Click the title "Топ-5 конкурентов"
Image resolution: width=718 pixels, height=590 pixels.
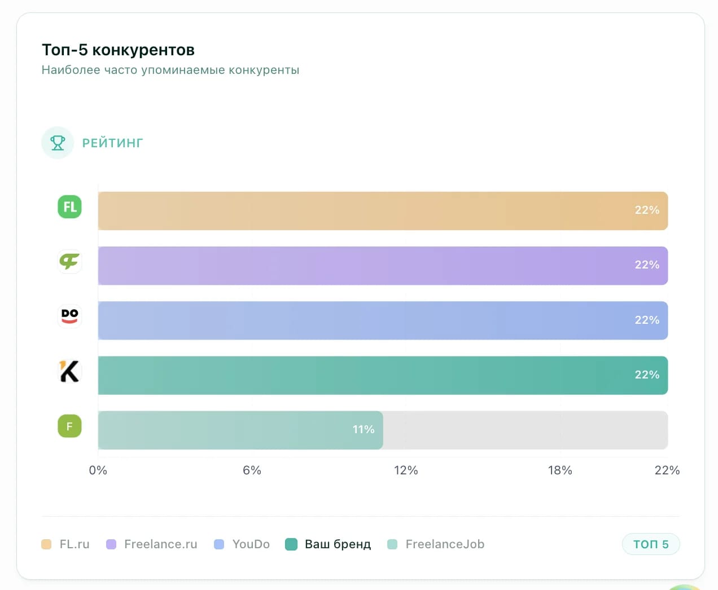pyautogui.click(x=118, y=50)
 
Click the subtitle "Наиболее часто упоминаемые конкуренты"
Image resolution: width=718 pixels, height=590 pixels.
pyautogui.click(x=170, y=71)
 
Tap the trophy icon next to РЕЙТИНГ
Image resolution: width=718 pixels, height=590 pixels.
pyautogui.click(x=58, y=143)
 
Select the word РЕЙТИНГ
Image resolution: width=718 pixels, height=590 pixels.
pyautogui.click(x=112, y=143)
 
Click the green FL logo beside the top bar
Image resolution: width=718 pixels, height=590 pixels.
pyautogui.click(x=69, y=206)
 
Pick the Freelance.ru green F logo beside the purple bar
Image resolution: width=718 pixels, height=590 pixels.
pyautogui.click(x=69, y=261)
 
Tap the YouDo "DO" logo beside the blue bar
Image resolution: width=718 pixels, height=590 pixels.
pyautogui.click(x=69, y=316)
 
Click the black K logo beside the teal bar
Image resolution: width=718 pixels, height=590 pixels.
pyautogui.click(x=69, y=371)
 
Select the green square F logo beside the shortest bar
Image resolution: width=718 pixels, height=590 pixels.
pyautogui.click(x=69, y=426)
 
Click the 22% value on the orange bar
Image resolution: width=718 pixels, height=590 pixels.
pyautogui.click(x=647, y=210)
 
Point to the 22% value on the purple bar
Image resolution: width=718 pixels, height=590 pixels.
pyautogui.click(x=647, y=265)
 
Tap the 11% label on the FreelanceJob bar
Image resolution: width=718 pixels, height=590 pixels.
pyautogui.click(x=364, y=430)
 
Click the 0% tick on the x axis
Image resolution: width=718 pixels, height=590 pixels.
pyautogui.click(x=98, y=470)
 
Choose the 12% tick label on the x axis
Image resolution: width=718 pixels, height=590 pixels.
pyautogui.click(x=406, y=470)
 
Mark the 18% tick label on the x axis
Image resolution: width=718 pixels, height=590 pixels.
pyautogui.click(x=560, y=470)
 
